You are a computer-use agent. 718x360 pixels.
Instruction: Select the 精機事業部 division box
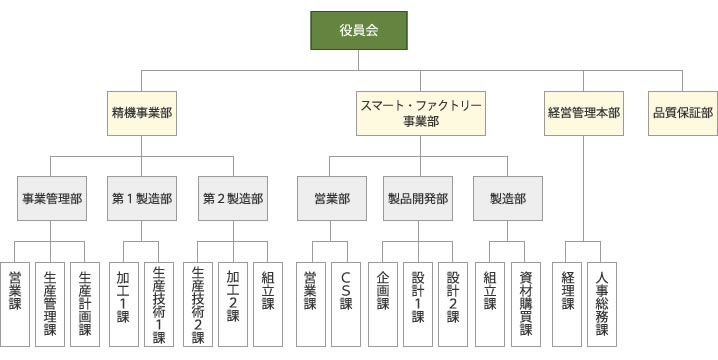click(x=142, y=113)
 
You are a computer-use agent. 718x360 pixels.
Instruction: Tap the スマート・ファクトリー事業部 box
click(x=421, y=113)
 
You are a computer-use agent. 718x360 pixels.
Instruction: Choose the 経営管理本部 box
click(x=584, y=113)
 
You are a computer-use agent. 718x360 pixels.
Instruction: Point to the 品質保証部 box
click(x=682, y=113)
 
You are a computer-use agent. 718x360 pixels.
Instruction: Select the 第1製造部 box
click(x=142, y=198)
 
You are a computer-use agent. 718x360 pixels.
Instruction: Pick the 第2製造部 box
click(x=233, y=198)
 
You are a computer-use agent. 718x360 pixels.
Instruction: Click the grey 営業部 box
click(x=330, y=198)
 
